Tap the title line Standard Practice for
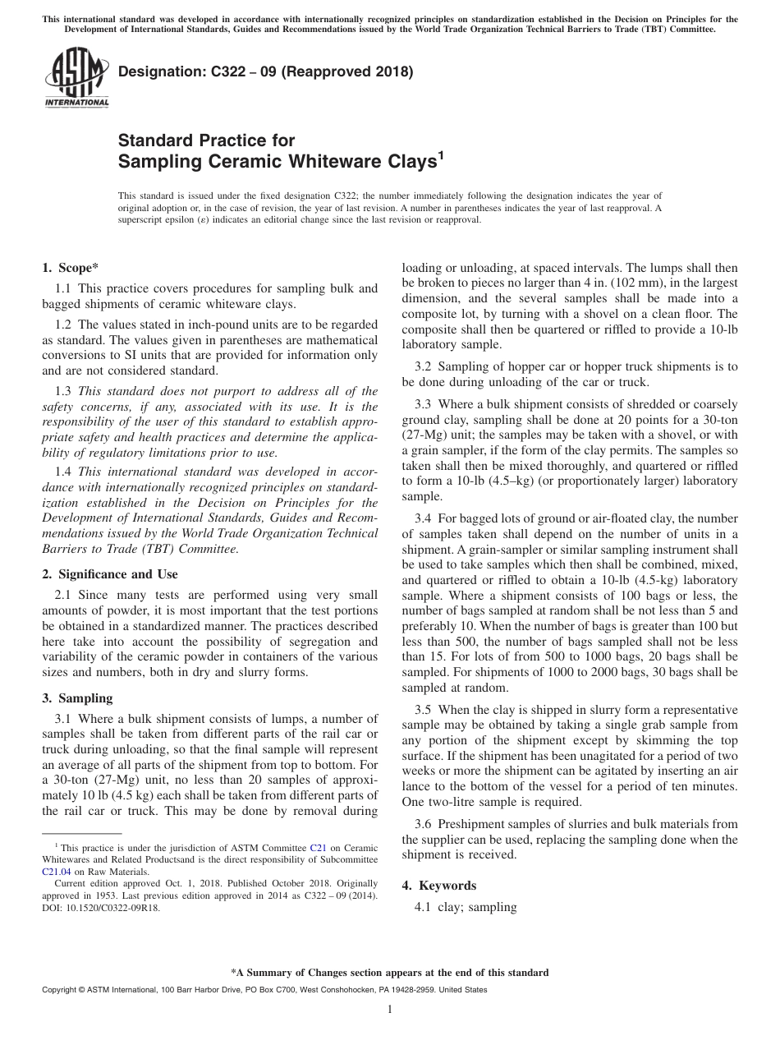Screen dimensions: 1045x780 point(206,140)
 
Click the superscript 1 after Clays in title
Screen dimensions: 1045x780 point(441,154)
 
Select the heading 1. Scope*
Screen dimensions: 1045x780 point(71,268)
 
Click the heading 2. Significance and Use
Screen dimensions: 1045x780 point(109,574)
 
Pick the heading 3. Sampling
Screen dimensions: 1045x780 point(77,698)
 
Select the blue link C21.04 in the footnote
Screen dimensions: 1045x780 point(56,872)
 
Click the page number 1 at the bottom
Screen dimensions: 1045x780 point(390,1010)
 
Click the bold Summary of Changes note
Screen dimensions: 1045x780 point(389,973)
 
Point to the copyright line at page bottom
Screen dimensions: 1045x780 point(264,990)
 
